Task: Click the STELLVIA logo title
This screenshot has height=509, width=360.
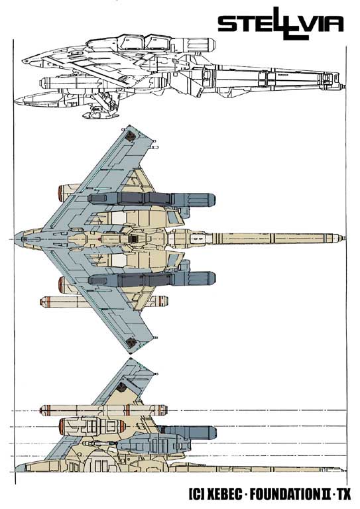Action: (280, 24)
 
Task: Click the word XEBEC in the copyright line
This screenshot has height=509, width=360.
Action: (224, 494)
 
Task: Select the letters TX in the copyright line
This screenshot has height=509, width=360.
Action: (344, 494)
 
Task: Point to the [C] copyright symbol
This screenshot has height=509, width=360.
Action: (196, 494)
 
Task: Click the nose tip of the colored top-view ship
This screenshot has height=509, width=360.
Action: (15, 239)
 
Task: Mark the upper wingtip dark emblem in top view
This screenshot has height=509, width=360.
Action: (131, 136)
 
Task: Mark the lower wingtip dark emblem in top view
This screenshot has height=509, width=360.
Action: (131, 342)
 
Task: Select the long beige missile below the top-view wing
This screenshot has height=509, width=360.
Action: (104, 302)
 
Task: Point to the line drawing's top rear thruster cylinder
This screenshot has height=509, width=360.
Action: (193, 44)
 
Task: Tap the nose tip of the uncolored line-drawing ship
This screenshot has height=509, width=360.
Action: (23, 61)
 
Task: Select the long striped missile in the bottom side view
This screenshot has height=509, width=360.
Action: (104, 410)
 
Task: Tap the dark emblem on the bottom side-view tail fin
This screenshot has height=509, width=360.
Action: (121, 386)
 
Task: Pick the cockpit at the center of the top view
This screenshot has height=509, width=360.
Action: (134, 239)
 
